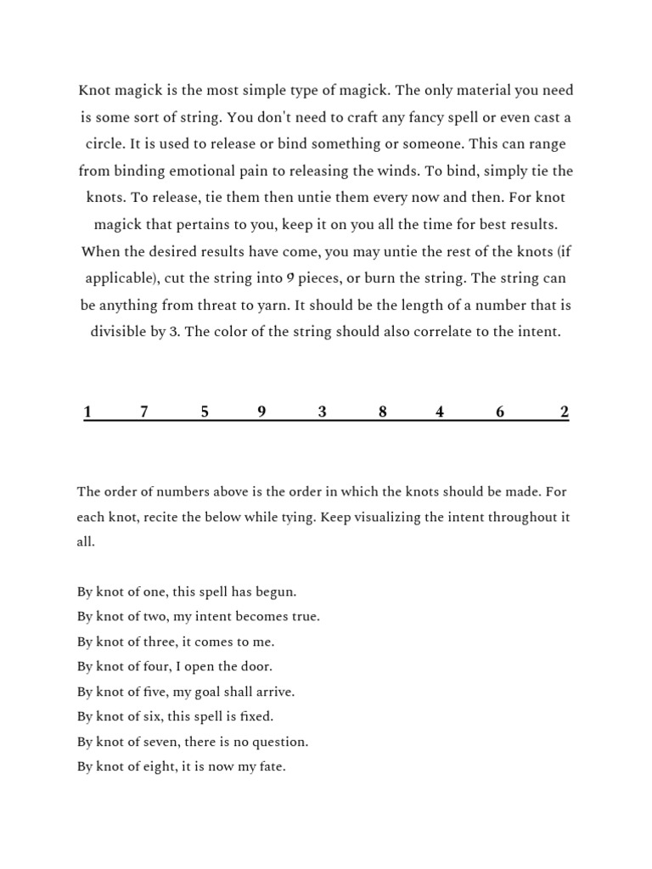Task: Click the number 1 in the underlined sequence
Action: (87, 412)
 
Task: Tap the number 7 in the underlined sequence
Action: (144, 412)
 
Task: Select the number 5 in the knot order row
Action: (205, 412)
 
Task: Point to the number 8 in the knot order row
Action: (383, 412)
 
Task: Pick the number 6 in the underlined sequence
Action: (500, 412)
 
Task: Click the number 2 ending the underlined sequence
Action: (565, 412)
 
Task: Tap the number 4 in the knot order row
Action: (440, 412)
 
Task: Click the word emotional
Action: (193, 171)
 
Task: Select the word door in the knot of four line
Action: (257, 666)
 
